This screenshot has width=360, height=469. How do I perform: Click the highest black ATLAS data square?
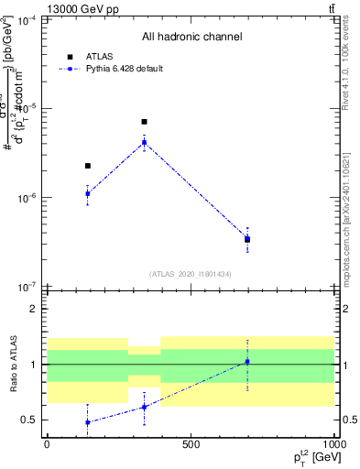coord(144,122)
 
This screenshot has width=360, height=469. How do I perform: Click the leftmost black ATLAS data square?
coord(87,166)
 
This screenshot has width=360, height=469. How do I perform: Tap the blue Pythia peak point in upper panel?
coord(144,142)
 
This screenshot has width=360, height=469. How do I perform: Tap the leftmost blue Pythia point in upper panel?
coord(87,193)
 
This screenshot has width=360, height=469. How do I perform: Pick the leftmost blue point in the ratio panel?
coord(87,422)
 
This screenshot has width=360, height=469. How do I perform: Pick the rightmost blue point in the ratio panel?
coord(247,362)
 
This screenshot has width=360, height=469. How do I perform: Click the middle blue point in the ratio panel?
coord(144,407)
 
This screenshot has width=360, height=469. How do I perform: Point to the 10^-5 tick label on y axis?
coord(27,108)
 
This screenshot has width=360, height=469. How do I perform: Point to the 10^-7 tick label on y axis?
coord(27,287)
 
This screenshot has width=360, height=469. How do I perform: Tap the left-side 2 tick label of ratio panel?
coord(34,309)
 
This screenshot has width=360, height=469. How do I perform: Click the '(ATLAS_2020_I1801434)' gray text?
coord(191,274)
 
